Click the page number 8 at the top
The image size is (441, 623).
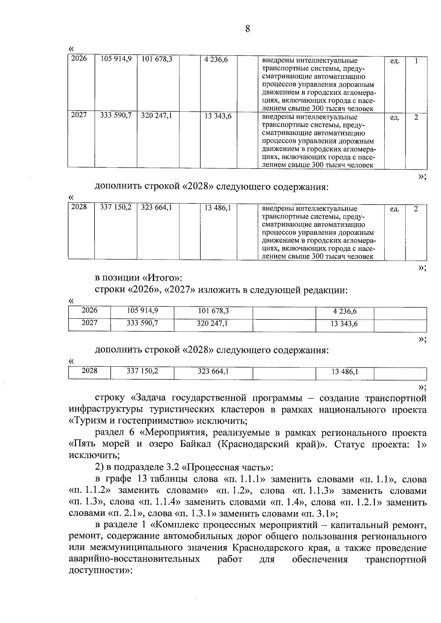tap(247, 29)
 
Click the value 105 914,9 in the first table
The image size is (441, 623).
tap(116, 59)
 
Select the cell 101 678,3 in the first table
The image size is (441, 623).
tap(157, 59)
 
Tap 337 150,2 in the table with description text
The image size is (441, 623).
tap(116, 207)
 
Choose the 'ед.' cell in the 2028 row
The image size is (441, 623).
tap(394, 209)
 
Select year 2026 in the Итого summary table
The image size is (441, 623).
tap(89, 311)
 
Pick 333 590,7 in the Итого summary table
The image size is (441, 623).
tap(142, 323)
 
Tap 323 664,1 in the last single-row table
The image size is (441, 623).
tap(213, 371)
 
